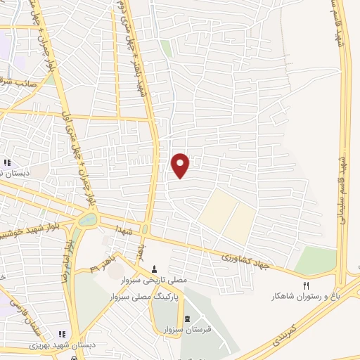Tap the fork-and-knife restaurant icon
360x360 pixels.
[305, 285]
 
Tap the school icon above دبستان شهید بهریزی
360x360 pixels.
[61, 334]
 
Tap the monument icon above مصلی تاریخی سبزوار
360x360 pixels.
[155, 269]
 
